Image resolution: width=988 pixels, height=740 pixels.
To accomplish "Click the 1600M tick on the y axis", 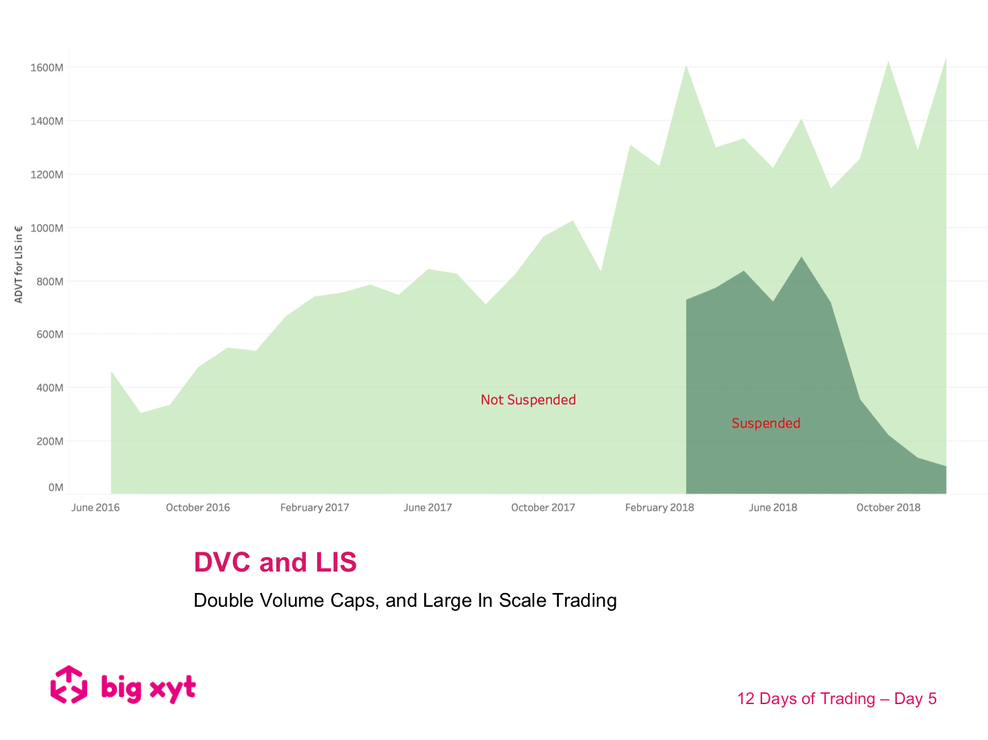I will (x=46, y=68).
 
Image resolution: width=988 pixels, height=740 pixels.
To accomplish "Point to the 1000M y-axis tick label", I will (x=46, y=228).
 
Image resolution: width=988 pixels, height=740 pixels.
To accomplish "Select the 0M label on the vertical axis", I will (x=55, y=487).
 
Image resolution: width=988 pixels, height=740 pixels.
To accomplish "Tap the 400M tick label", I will (x=49, y=388).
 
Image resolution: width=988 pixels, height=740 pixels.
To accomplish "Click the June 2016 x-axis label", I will (x=95, y=507).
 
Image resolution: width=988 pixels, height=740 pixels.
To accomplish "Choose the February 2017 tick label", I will (x=314, y=507).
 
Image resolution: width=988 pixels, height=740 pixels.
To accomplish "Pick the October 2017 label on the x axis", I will (x=542, y=507).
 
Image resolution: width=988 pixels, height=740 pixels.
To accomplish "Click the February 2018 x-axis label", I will (x=659, y=507).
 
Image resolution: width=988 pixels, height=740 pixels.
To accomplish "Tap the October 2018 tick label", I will (x=888, y=507).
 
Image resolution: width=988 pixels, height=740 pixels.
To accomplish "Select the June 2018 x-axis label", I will (x=772, y=507).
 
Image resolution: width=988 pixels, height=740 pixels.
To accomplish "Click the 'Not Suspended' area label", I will (x=528, y=400).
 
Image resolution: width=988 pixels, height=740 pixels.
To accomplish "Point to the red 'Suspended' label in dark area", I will (x=766, y=423).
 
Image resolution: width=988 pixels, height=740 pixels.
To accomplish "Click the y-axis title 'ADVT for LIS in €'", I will (x=19, y=264).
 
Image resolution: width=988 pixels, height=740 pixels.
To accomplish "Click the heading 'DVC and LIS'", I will (x=275, y=562).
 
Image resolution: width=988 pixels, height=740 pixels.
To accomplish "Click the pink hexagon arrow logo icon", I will (x=69, y=685).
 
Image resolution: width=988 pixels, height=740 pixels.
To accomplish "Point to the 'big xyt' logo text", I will (x=148, y=688).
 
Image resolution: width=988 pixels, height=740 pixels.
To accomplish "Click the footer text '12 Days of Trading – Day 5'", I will (x=836, y=699).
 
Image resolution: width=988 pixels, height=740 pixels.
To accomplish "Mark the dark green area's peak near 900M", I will (x=801, y=257).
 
